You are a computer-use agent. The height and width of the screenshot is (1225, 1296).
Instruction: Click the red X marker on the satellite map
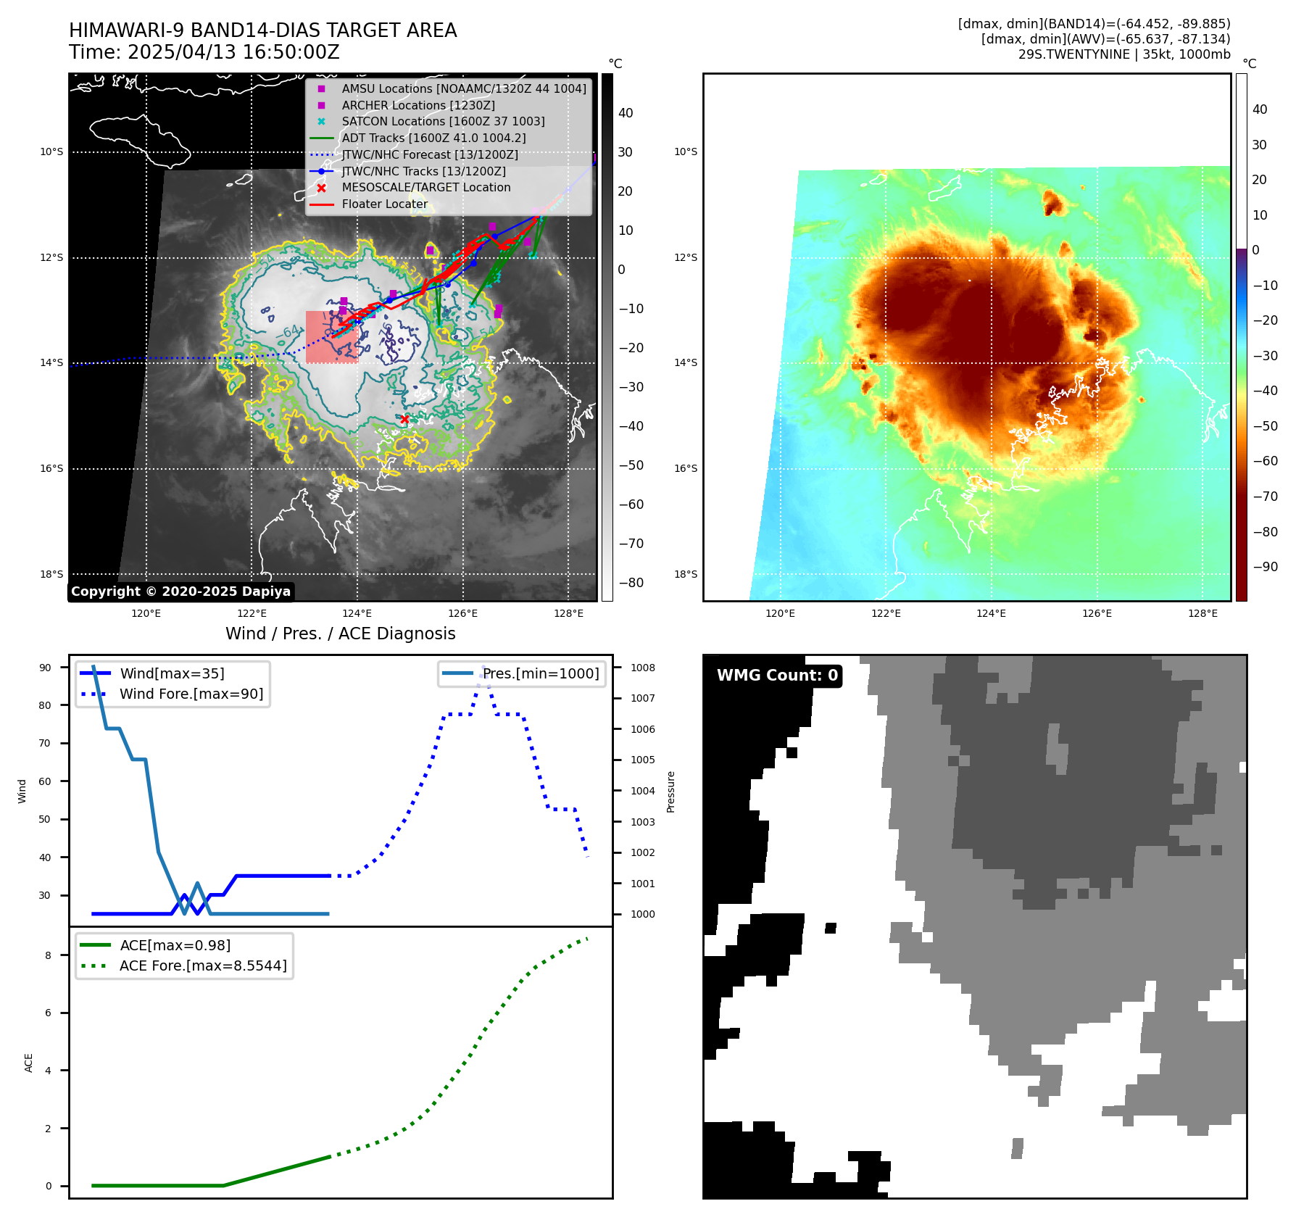pyautogui.click(x=404, y=419)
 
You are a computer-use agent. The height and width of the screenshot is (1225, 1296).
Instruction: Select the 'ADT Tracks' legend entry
pyautogui.click(x=433, y=138)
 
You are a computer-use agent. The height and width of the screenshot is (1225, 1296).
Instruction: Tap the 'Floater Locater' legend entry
pyautogui.click(x=384, y=204)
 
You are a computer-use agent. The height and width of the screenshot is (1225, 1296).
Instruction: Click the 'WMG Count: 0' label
pyautogui.click(x=777, y=676)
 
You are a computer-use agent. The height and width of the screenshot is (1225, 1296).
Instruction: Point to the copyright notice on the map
pyautogui.click(x=181, y=591)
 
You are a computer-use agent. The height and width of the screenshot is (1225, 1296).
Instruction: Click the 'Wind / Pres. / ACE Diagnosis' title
pyautogui.click(x=340, y=634)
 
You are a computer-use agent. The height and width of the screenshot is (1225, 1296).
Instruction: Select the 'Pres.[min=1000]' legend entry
pyautogui.click(x=541, y=673)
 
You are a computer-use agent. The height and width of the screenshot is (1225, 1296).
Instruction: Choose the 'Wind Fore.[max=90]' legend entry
pyautogui.click(x=191, y=694)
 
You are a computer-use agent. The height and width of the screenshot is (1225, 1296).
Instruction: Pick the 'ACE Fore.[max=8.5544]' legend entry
pyautogui.click(x=203, y=966)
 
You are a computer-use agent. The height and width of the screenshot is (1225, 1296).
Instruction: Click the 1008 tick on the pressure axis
pyautogui.click(x=642, y=668)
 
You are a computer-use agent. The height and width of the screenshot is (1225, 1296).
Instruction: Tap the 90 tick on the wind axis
pyautogui.click(x=45, y=668)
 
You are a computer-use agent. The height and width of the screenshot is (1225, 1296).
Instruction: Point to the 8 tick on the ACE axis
pyautogui.click(x=49, y=955)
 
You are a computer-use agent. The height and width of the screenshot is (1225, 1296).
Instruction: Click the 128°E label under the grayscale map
pyautogui.click(x=568, y=613)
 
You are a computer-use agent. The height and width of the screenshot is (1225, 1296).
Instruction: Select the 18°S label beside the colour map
pyautogui.click(x=685, y=574)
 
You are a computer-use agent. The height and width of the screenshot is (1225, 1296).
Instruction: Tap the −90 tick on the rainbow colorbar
pyautogui.click(x=1265, y=567)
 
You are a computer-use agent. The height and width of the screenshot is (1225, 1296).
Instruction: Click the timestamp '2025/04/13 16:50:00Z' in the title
pyautogui.click(x=233, y=52)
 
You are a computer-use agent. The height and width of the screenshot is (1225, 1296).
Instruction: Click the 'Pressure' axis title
pyautogui.click(x=670, y=792)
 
